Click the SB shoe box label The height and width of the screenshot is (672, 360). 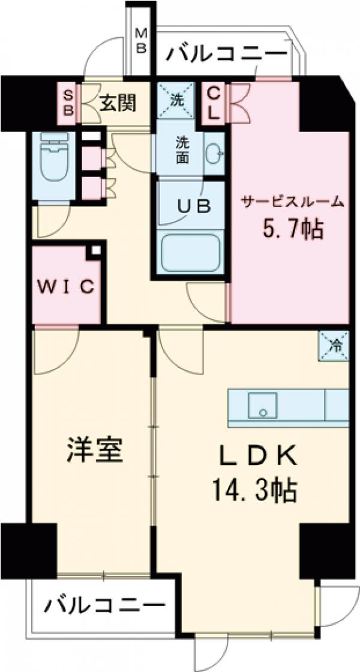(x=68, y=103)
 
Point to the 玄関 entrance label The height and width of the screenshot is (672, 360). (x=118, y=104)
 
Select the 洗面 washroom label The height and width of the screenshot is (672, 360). (x=182, y=150)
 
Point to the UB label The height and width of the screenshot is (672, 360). (x=193, y=206)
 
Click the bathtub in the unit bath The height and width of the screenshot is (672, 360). (x=191, y=253)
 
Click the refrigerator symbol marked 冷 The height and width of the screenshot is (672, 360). (x=334, y=346)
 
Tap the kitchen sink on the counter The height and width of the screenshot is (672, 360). (x=262, y=406)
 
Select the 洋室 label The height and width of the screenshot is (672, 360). (x=95, y=451)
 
